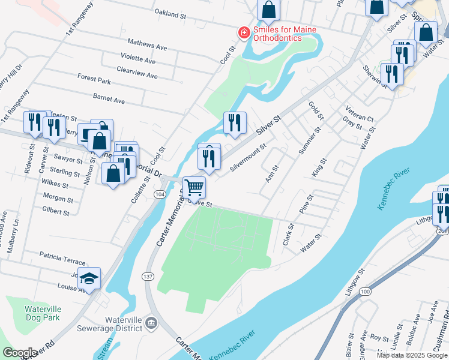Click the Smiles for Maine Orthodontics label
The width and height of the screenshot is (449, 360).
(285, 33)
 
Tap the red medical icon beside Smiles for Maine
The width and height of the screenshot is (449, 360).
(244, 32)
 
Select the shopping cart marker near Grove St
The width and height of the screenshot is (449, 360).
(194, 187)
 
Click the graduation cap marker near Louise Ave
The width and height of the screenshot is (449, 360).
(89, 279)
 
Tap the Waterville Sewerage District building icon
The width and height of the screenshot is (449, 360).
(151, 324)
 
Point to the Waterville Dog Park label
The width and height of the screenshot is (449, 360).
(43, 313)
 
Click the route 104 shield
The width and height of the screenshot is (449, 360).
(160, 195)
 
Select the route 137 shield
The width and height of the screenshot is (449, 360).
(148, 277)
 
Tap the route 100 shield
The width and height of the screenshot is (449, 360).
(365, 291)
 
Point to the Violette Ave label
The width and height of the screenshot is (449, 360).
(137, 61)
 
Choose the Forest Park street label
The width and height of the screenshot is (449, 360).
(94, 79)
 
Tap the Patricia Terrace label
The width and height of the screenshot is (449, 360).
(63, 258)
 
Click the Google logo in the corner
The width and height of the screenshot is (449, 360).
(20, 353)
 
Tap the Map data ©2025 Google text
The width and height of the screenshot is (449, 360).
(411, 355)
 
